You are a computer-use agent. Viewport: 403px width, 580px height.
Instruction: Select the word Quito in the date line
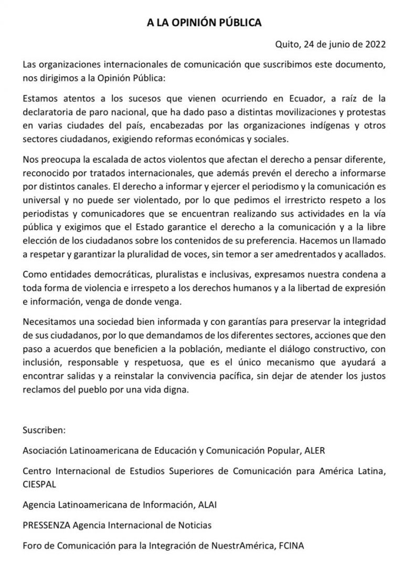(287, 45)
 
